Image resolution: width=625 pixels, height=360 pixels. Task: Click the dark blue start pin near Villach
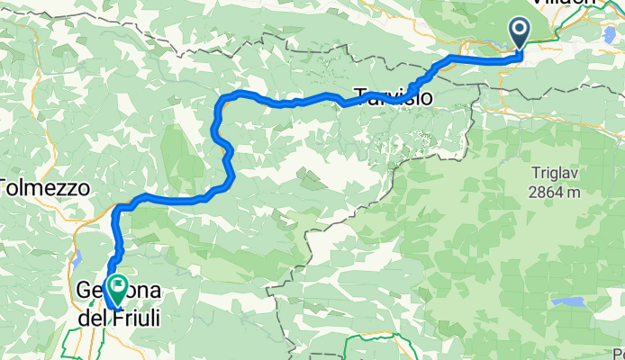(x=521, y=32)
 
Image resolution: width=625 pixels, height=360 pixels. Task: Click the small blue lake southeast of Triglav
(x=568, y=302)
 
